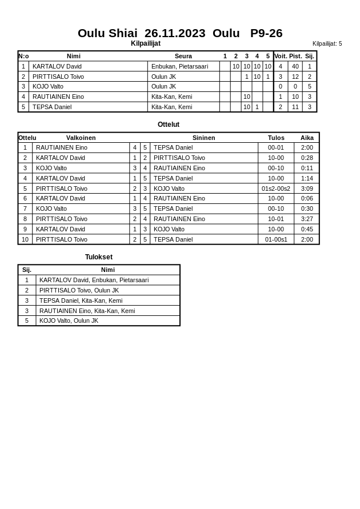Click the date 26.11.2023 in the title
(175, 33)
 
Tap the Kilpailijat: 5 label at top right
(327, 43)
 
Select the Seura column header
(183, 56)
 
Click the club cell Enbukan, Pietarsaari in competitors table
(179, 66)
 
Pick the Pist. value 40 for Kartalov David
(295, 66)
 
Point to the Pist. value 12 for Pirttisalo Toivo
(295, 77)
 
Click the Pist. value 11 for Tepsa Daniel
(295, 107)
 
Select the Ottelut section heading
(169, 125)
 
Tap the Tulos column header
(276, 138)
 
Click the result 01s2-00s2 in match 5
(276, 189)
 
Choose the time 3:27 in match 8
(307, 219)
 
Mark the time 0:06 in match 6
(307, 198)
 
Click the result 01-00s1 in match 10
(276, 239)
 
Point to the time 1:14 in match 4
(307, 178)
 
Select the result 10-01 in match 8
(276, 219)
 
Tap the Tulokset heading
(99, 257)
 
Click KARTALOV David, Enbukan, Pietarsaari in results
(94, 280)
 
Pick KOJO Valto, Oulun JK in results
(69, 320)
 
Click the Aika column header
(307, 138)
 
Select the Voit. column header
(281, 56)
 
